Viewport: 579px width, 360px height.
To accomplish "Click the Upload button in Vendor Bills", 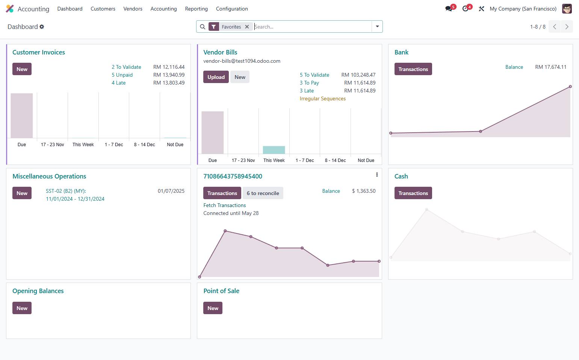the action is tap(216, 77).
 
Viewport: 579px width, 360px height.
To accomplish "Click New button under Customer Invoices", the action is tap(22, 69).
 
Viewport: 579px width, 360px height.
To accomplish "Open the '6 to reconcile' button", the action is tap(263, 193).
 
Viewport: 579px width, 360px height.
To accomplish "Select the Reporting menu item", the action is tap(197, 9).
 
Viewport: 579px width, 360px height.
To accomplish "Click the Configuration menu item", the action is tap(232, 9).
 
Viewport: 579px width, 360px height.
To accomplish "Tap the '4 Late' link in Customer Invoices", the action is tap(119, 83).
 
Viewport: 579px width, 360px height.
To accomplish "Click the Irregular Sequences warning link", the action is tap(323, 98).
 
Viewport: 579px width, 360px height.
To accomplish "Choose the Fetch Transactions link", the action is tap(225, 205).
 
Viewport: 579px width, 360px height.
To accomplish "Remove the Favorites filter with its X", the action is tap(247, 27).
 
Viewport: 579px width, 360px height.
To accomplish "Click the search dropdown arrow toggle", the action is tap(377, 27).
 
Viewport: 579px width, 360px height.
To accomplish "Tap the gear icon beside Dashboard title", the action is tap(42, 27).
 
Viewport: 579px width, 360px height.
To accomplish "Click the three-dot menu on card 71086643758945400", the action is tap(377, 175).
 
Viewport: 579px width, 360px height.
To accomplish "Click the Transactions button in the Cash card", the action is tap(413, 193).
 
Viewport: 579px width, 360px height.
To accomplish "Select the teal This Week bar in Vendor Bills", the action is tap(274, 150).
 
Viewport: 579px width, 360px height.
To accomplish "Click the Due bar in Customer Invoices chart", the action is tap(22, 115).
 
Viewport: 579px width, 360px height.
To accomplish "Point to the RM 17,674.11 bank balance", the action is tap(550, 67).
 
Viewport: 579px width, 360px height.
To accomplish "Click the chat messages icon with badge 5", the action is tap(449, 9).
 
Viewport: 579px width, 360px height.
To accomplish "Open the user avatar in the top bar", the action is tap(567, 9).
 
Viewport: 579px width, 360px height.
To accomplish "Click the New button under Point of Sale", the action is tap(213, 308).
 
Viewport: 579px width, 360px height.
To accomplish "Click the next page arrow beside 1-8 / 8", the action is tap(567, 27).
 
